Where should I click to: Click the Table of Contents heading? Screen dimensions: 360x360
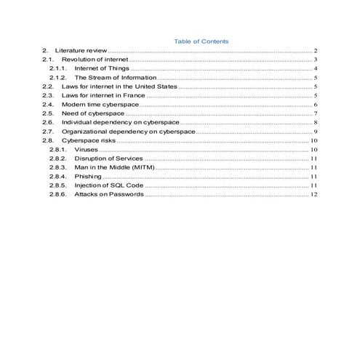coord(201,41)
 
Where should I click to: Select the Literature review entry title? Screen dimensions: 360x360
coord(81,50)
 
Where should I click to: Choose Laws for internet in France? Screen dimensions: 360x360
coord(103,95)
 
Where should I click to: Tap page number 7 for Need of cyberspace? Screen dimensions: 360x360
coord(316,113)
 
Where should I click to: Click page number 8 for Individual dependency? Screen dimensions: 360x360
coord(316,123)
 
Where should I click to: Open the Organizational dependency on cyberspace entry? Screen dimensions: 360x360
coord(128,132)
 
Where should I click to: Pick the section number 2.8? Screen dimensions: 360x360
coord(48,140)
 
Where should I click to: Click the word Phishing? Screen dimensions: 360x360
coord(88,176)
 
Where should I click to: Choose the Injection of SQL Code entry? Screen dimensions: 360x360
coord(108,185)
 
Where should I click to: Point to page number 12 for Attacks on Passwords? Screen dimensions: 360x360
coord(313,194)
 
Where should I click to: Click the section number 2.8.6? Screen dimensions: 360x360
coord(57,194)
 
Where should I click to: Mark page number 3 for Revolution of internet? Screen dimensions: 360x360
coord(316,59)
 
